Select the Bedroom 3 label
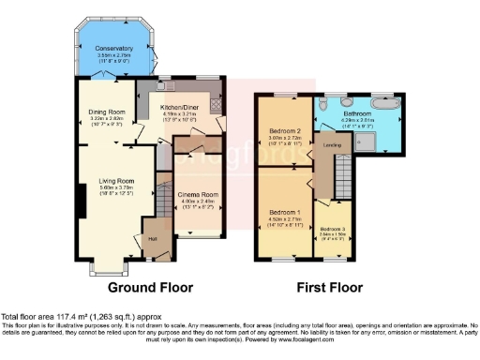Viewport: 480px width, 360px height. coord(332,229)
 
